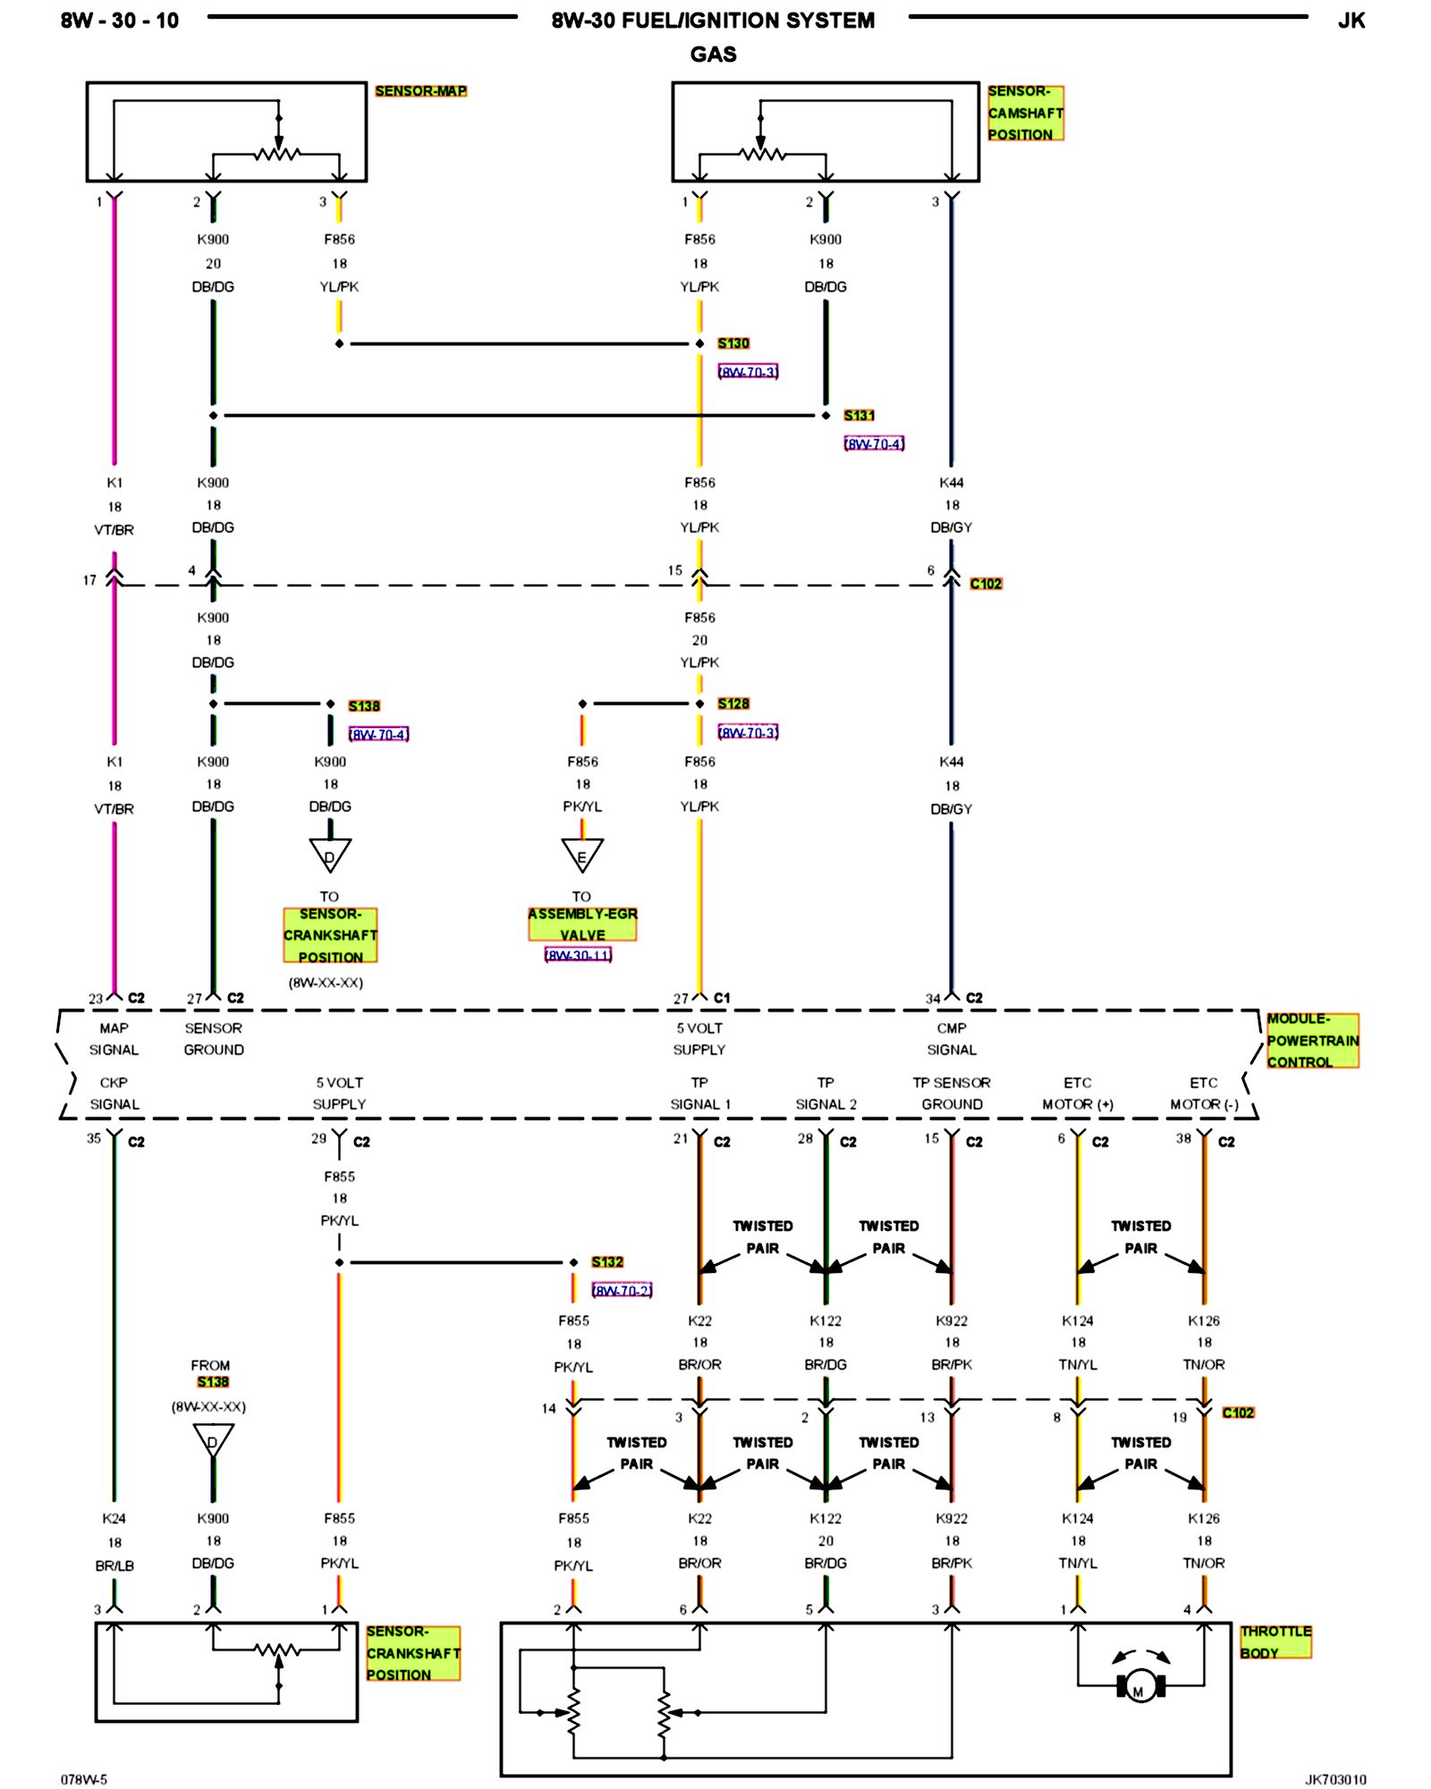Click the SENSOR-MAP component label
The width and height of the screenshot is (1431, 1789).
tap(420, 91)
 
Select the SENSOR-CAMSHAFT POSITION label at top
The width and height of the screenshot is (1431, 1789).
tap(1025, 113)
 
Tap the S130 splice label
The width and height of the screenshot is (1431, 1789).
tap(733, 343)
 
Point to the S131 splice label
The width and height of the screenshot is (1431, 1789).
tap(859, 416)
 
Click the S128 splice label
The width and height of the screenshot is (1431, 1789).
tap(733, 704)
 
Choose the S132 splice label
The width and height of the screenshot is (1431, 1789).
tap(607, 1262)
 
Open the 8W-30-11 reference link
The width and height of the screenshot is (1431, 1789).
tap(579, 955)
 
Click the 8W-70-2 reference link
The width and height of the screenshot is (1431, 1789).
tap(622, 1291)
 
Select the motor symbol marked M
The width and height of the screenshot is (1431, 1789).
tap(1139, 1687)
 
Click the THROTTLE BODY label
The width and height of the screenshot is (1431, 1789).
tap(1275, 1642)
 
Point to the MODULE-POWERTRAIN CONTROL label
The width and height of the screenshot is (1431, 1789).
tap(1312, 1040)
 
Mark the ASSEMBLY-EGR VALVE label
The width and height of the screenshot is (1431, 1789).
tap(582, 924)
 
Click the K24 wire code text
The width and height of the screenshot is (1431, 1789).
tap(114, 1518)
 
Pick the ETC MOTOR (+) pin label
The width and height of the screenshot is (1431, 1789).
tap(1078, 1093)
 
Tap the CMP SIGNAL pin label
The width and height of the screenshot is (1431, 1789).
tap(952, 1039)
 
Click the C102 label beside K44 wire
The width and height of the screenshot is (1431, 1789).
tap(986, 584)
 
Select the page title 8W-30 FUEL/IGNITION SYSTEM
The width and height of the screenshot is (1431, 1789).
tap(713, 21)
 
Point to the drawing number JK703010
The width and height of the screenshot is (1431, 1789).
tap(1334, 1779)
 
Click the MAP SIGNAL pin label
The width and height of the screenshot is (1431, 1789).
tap(114, 1039)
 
